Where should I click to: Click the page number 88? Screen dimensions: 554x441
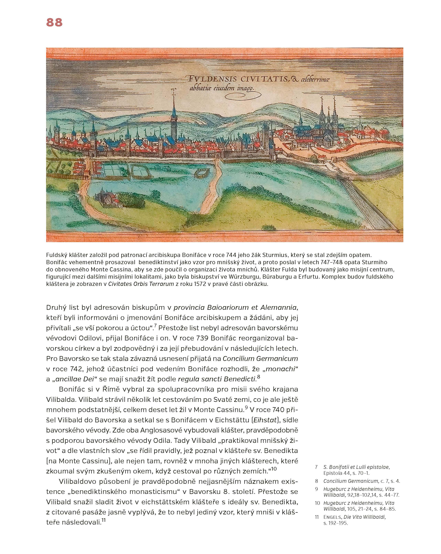[x=54, y=22]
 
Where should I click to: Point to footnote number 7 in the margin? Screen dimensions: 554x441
[x=316, y=467]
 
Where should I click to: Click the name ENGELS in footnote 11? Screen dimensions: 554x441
[x=332, y=517]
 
